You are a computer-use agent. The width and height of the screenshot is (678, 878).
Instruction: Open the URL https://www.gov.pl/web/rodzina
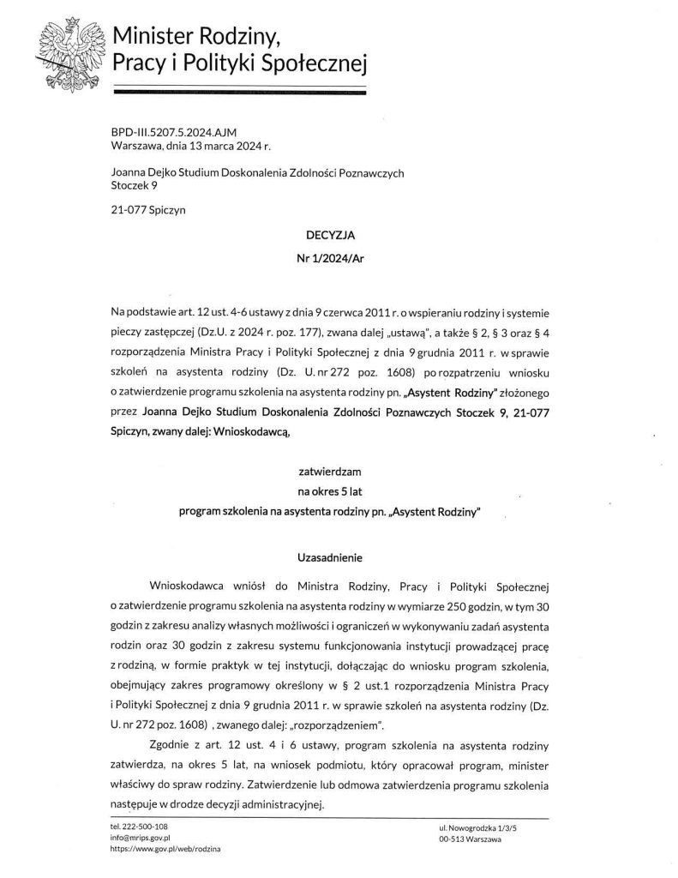(x=160, y=848)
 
